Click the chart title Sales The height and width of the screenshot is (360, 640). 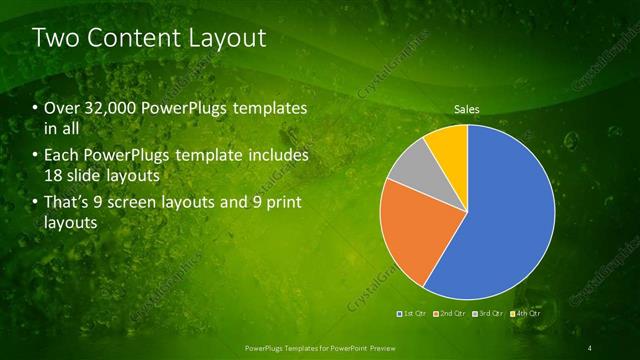pos(467,108)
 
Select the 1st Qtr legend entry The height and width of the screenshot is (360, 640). pos(413,314)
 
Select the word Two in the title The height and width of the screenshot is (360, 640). pos(54,38)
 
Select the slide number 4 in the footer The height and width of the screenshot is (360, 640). pos(590,347)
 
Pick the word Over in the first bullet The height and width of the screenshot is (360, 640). pos(60,108)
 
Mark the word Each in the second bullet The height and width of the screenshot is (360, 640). pos(61,156)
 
